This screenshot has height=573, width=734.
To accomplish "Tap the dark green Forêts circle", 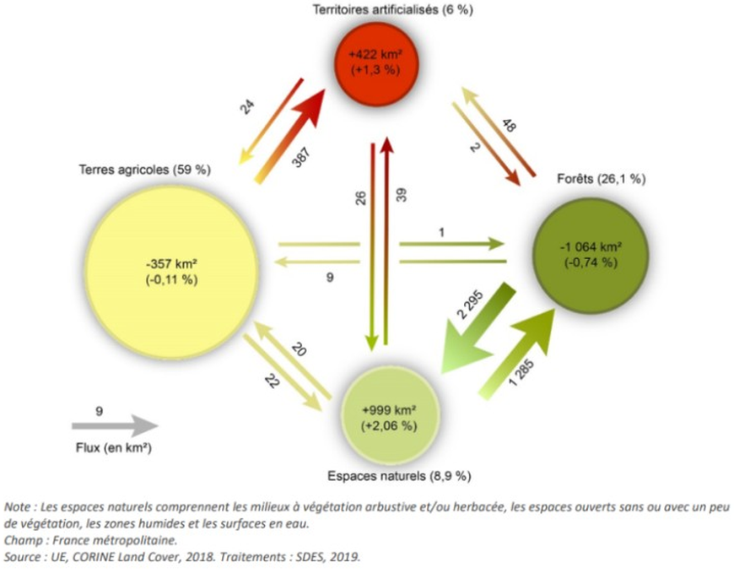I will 590,254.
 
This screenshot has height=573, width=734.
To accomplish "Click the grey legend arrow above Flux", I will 115,427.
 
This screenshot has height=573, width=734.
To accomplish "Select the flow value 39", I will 402,197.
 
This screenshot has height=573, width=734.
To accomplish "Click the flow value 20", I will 298,349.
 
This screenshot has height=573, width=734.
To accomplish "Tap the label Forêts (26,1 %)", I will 601,179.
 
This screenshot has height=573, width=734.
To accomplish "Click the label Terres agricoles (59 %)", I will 145,170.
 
